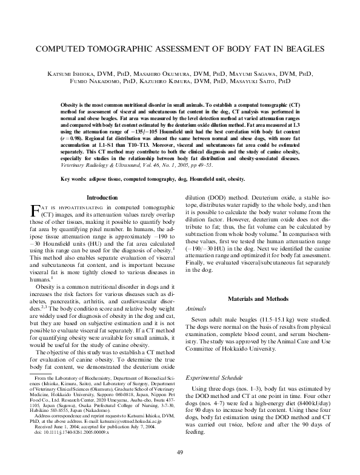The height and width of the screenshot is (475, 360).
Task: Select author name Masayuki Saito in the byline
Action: coord(267,80)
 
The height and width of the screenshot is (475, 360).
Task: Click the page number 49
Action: coord(180,453)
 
